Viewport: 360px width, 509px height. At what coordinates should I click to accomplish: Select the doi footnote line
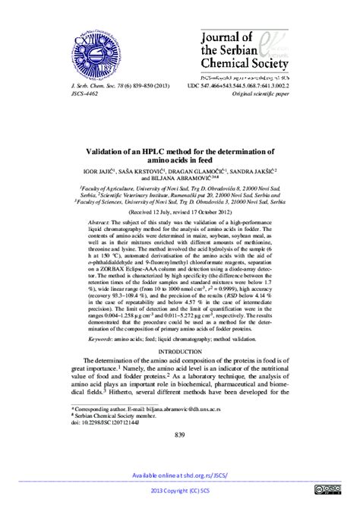(x=94, y=422)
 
